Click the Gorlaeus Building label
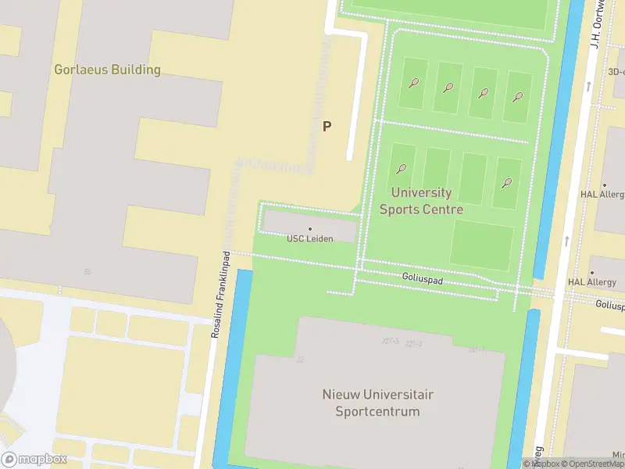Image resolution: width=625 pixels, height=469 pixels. click(x=107, y=70)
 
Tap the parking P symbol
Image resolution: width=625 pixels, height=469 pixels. click(x=327, y=126)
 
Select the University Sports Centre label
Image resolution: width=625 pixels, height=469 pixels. click(x=421, y=201)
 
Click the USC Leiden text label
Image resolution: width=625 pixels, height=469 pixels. click(x=310, y=238)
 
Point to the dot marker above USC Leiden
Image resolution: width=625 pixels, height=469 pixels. click(x=310, y=229)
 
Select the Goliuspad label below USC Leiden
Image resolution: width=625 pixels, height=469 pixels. click(x=423, y=277)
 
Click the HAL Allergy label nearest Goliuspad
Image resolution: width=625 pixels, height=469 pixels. click(x=592, y=282)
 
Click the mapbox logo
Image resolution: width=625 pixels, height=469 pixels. click(x=34, y=460)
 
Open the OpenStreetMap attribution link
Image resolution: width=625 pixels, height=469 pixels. click(x=593, y=464)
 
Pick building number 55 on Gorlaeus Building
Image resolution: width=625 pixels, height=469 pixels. click(x=87, y=271)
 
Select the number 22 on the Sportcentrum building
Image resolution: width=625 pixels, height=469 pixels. click(x=300, y=360)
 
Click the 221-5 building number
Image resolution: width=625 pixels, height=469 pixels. click(x=391, y=342)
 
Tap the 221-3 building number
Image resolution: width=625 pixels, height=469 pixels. click(x=413, y=344)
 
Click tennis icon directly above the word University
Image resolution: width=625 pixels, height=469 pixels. click(x=402, y=168)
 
